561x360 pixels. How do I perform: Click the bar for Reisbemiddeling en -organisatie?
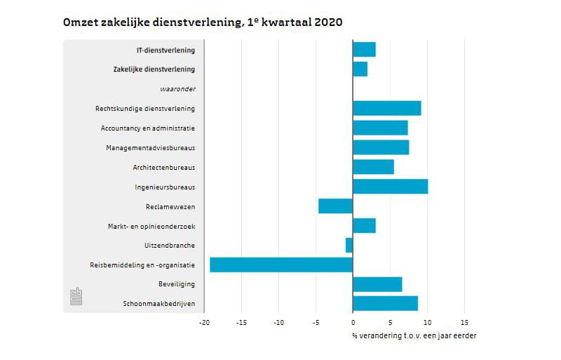pyautogui.click(x=280, y=265)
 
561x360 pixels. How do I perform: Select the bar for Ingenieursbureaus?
pyautogui.click(x=390, y=187)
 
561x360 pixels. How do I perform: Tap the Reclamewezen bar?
pyautogui.click(x=335, y=206)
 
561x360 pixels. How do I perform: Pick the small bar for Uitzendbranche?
pyautogui.click(x=349, y=245)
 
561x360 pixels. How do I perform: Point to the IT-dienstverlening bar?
pyautogui.click(x=364, y=50)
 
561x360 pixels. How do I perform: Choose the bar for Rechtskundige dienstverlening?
pyautogui.click(x=386, y=108)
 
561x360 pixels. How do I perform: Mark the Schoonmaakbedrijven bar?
pyautogui.click(x=385, y=303)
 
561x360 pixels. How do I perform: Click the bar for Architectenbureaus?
pyautogui.click(x=373, y=167)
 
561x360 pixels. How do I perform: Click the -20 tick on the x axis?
pyautogui.click(x=203, y=323)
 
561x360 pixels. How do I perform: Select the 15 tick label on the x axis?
pyautogui.click(x=464, y=323)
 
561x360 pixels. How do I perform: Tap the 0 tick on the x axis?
pyautogui.click(x=353, y=323)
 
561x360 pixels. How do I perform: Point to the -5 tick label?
pyautogui.click(x=315, y=323)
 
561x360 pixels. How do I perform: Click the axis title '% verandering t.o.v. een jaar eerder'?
pyautogui.click(x=414, y=335)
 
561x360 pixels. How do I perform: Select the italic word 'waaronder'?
pyautogui.click(x=177, y=89)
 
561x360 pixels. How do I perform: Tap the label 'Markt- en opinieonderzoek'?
pyautogui.click(x=151, y=226)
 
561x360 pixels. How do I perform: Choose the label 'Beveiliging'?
pyautogui.click(x=177, y=284)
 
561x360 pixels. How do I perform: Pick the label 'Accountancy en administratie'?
pyautogui.click(x=147, y=128)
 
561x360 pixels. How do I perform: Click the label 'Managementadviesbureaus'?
pyautogui.click(x=150, y=148)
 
